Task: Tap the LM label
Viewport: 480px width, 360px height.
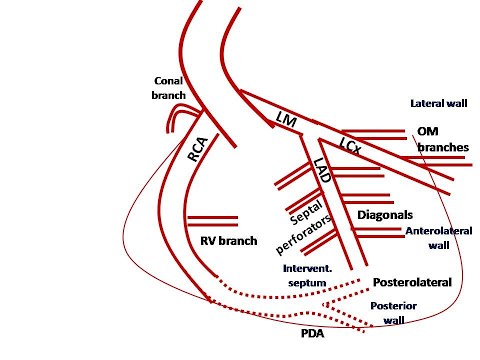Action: pyautogui.click(x=286, y=120)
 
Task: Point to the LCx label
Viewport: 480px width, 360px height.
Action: pyautogui.click(x=350, y=146)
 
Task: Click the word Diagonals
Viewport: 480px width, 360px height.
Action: pyautogui.click(x=386, y=215)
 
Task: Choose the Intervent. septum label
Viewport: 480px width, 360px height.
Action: pyautogui.click(x=308, y=275)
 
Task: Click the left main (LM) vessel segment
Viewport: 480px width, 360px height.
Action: pyautogui.click(x=275, y=108)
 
